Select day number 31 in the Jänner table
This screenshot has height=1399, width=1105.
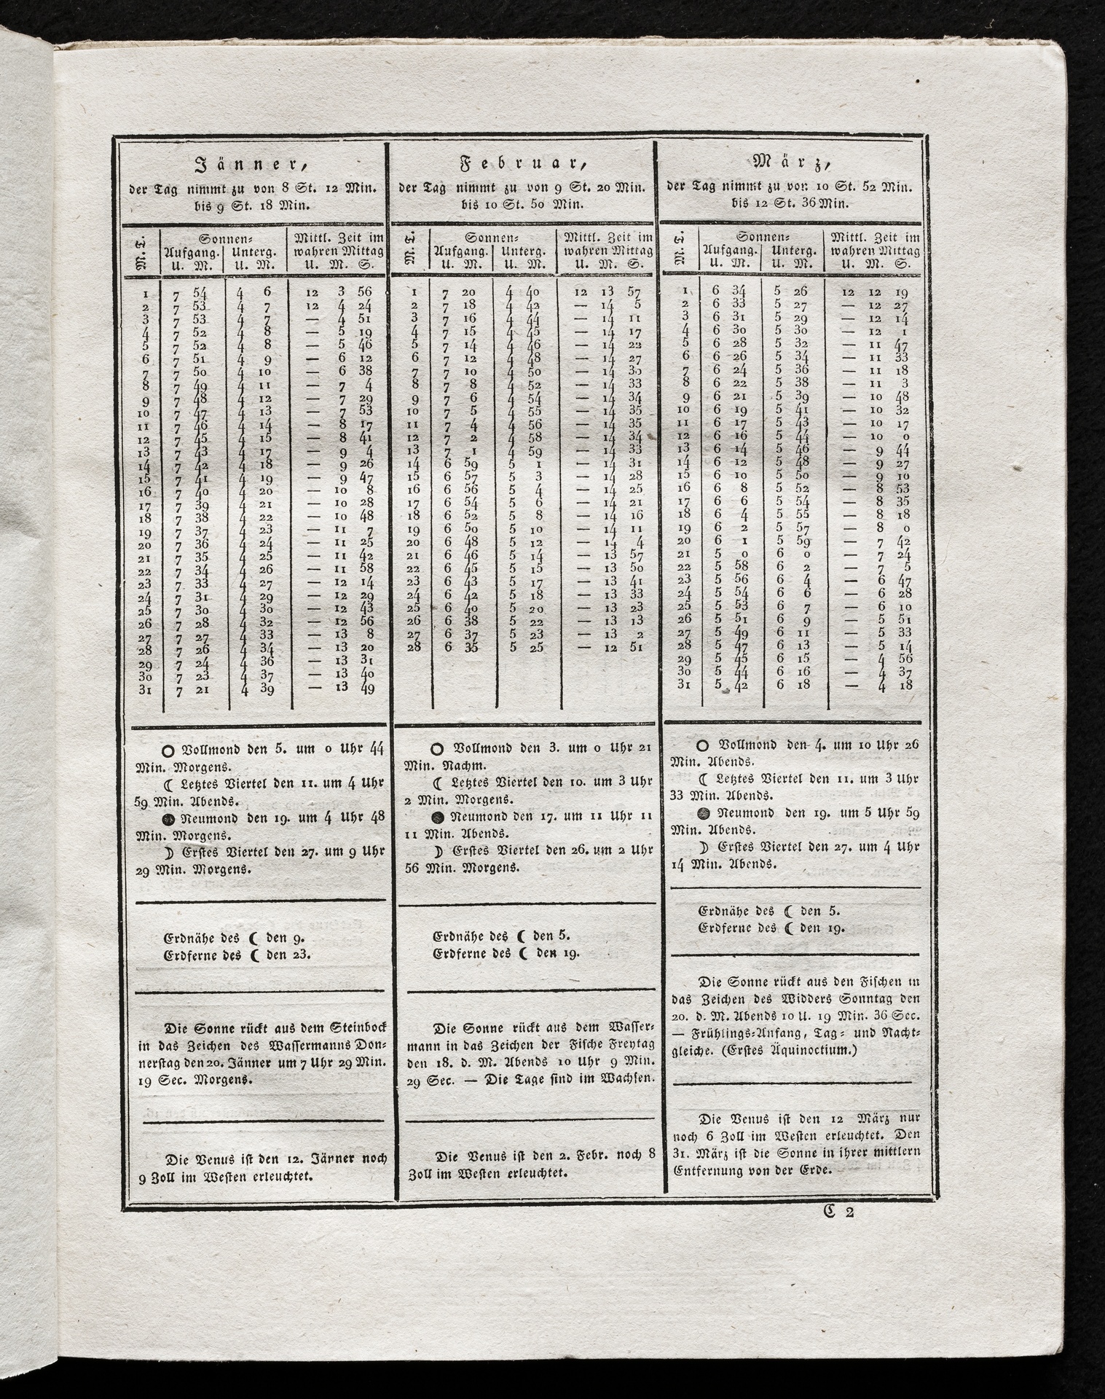point(145,689)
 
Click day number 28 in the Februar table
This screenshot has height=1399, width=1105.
point(413,646)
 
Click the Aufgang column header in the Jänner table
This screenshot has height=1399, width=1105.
point(191,252)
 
